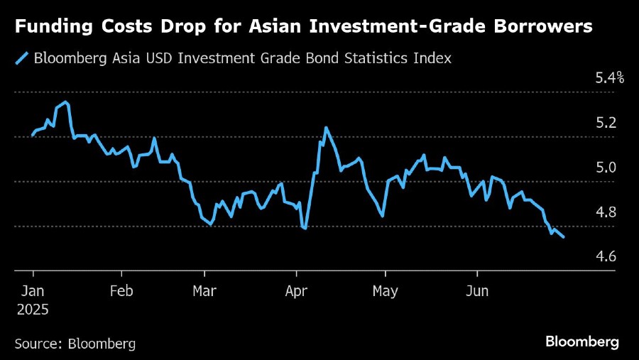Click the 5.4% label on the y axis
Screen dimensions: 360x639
click(609, 77)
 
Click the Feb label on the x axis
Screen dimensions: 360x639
click(122, 291)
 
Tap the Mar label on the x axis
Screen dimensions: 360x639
click(205, 291)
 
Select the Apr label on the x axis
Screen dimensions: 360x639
click(296, 291)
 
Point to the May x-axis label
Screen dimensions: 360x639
click(385, 291)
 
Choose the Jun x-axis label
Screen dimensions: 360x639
click(476, 291)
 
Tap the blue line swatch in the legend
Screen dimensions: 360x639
click(22, 58)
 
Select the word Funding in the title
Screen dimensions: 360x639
click(53, 28)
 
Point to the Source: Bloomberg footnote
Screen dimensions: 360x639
click(75, 344)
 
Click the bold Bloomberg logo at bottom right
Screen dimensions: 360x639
click(582, 342)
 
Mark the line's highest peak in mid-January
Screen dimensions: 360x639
click(66, 102)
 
